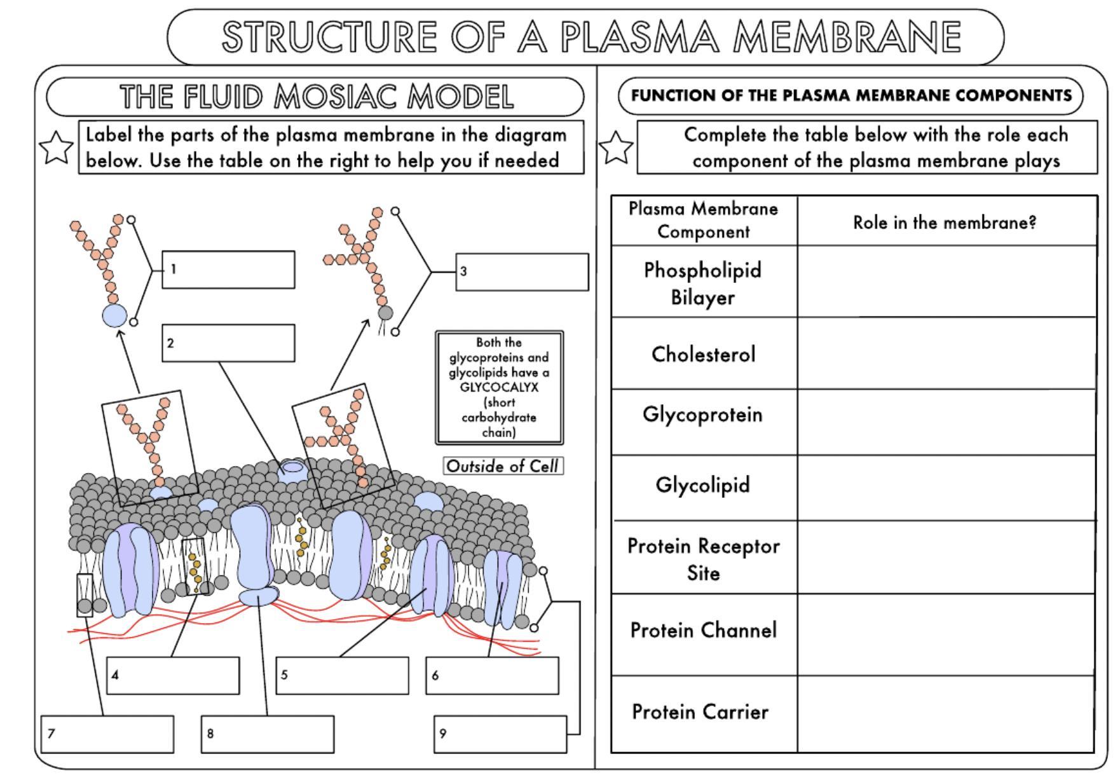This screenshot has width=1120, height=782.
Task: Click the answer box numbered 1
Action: pyautogui.click(x=228, y=270)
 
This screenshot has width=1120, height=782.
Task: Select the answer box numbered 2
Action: pyautogui.click(x=228, y=343)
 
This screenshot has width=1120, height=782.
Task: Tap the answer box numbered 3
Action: pyautogui.click(x=522, y=272)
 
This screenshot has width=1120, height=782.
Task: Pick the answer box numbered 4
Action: pyautogui.click(x=173, y=675)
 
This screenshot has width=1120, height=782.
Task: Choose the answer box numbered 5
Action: pyautogui.click(x=342, y=675)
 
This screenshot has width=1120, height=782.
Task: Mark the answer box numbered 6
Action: pyautogui.click(x=492, y=675)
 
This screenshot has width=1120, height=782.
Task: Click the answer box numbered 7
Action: pyautogui.click(x=107, y=734)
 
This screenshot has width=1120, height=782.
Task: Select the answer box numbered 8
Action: pyautogui.click(x=268, y=734)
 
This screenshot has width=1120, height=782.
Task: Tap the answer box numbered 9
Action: pyautogui.click(x=500, y=734)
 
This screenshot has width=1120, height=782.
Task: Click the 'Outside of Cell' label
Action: pyautogui.click(x=502, y=466)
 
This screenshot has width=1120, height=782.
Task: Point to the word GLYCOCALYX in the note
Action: pyautogui.click(x=499, y=387)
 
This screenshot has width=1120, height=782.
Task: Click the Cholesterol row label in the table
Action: pyautogui.click(x=703, y=354)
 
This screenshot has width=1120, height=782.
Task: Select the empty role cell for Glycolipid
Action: pyautogui.click(x=946, y=488)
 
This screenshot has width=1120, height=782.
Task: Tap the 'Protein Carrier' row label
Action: pyautogui.click(x=700, y=712)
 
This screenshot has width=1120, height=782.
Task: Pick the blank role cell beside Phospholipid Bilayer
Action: pyautogui.click(x=946, y=282)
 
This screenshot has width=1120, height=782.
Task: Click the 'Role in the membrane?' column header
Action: pyautogui.click(x=945, y=223)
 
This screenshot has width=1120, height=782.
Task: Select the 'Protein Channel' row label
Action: pyautogui.click(x=703, y=631)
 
